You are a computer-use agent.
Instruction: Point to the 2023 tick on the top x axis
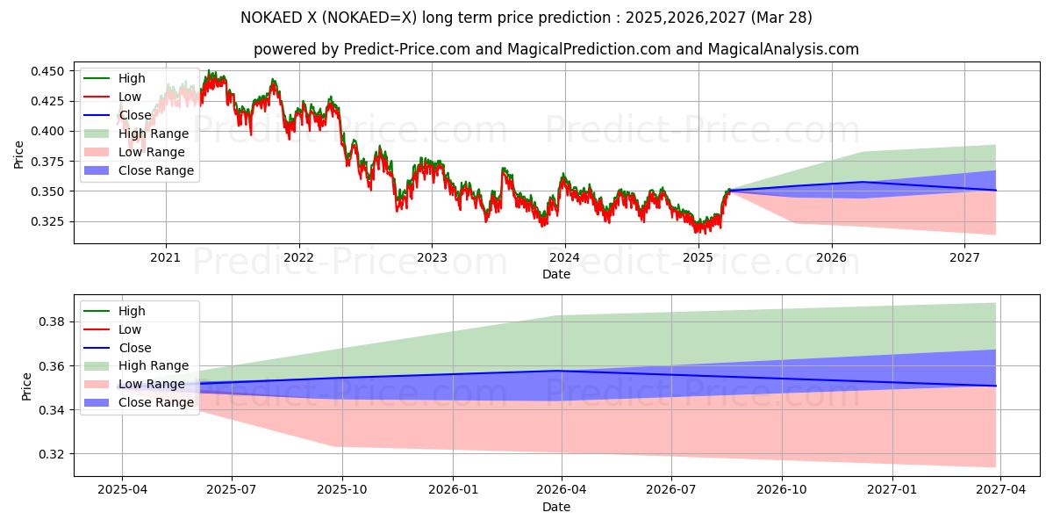[x=432, y=257]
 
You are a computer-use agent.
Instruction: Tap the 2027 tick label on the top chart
[x=964, y=257]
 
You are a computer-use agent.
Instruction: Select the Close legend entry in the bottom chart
[x=134, y=348]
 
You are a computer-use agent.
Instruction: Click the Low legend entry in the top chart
[x=131, y=97]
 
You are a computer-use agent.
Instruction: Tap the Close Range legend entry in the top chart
[x=156, y=170]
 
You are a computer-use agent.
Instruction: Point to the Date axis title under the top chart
[x=556, y=274]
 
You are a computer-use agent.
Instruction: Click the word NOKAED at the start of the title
[x=270, y=18]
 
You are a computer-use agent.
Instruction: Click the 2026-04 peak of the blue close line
[x=562, y=371]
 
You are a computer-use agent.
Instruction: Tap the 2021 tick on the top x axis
[x=166, y=257]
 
